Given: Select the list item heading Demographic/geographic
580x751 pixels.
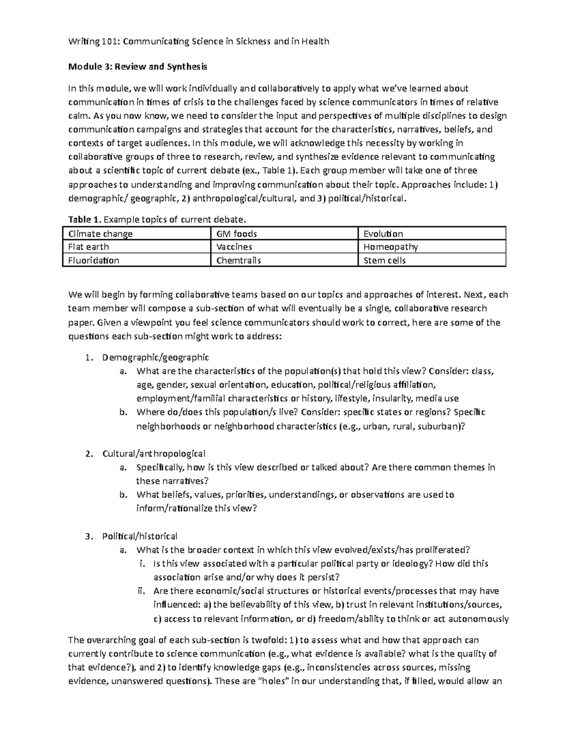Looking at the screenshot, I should [x=156, y=357].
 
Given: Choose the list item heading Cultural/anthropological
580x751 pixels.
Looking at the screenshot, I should [x=154, y=454].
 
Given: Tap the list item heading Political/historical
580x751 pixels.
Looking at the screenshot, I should [x=140, y=536].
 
